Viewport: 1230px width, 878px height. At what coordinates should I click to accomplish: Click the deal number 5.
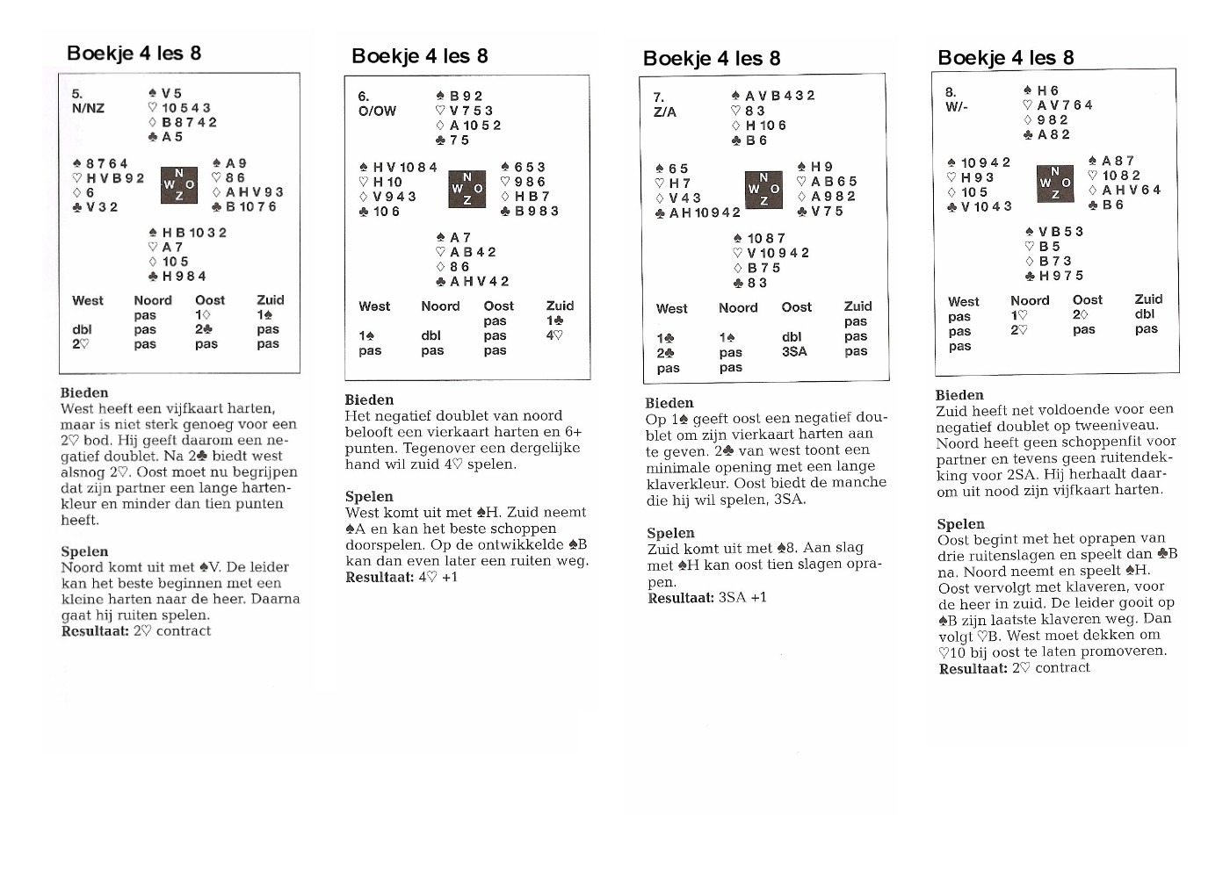(x=77, y=93)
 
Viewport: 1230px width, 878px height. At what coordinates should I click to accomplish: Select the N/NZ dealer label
(x=88, y=108)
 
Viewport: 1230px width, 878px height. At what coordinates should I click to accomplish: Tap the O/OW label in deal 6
(x=377, y=111)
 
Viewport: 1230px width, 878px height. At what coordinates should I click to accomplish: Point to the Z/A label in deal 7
(x=665, y=112)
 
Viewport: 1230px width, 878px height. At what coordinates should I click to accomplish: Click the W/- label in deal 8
(x=957, y=106)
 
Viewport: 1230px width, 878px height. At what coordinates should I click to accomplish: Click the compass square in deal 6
(x=467, y=189)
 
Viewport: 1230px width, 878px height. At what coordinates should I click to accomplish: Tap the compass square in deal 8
(x=1055, y=183)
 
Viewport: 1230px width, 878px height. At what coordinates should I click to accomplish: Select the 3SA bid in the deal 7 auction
(x=794, y=351)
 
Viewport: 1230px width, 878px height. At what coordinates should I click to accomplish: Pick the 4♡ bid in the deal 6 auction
(x=554, y=335)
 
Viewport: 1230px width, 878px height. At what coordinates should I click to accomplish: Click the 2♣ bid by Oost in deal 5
(x=204, y=329)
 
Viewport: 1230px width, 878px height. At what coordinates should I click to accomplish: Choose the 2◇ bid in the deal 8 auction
(x=1081, y=314)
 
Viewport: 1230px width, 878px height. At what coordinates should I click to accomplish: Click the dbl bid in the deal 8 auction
(x=1145, y=314)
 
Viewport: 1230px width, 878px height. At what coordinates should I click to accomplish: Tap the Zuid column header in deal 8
(x=1148, y=299)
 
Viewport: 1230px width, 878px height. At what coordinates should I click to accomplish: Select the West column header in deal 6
(x=374, y=306)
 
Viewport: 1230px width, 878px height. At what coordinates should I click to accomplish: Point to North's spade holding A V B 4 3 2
(x=772, y=96)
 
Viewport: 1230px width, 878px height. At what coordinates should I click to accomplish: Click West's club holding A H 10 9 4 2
(x=698, y=212)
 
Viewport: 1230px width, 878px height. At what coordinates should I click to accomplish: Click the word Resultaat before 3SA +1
(x=680, y=598)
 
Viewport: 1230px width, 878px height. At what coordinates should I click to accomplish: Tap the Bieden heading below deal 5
(x=84, y=392)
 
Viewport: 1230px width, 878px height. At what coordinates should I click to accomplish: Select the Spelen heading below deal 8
(x=960, y=523)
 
